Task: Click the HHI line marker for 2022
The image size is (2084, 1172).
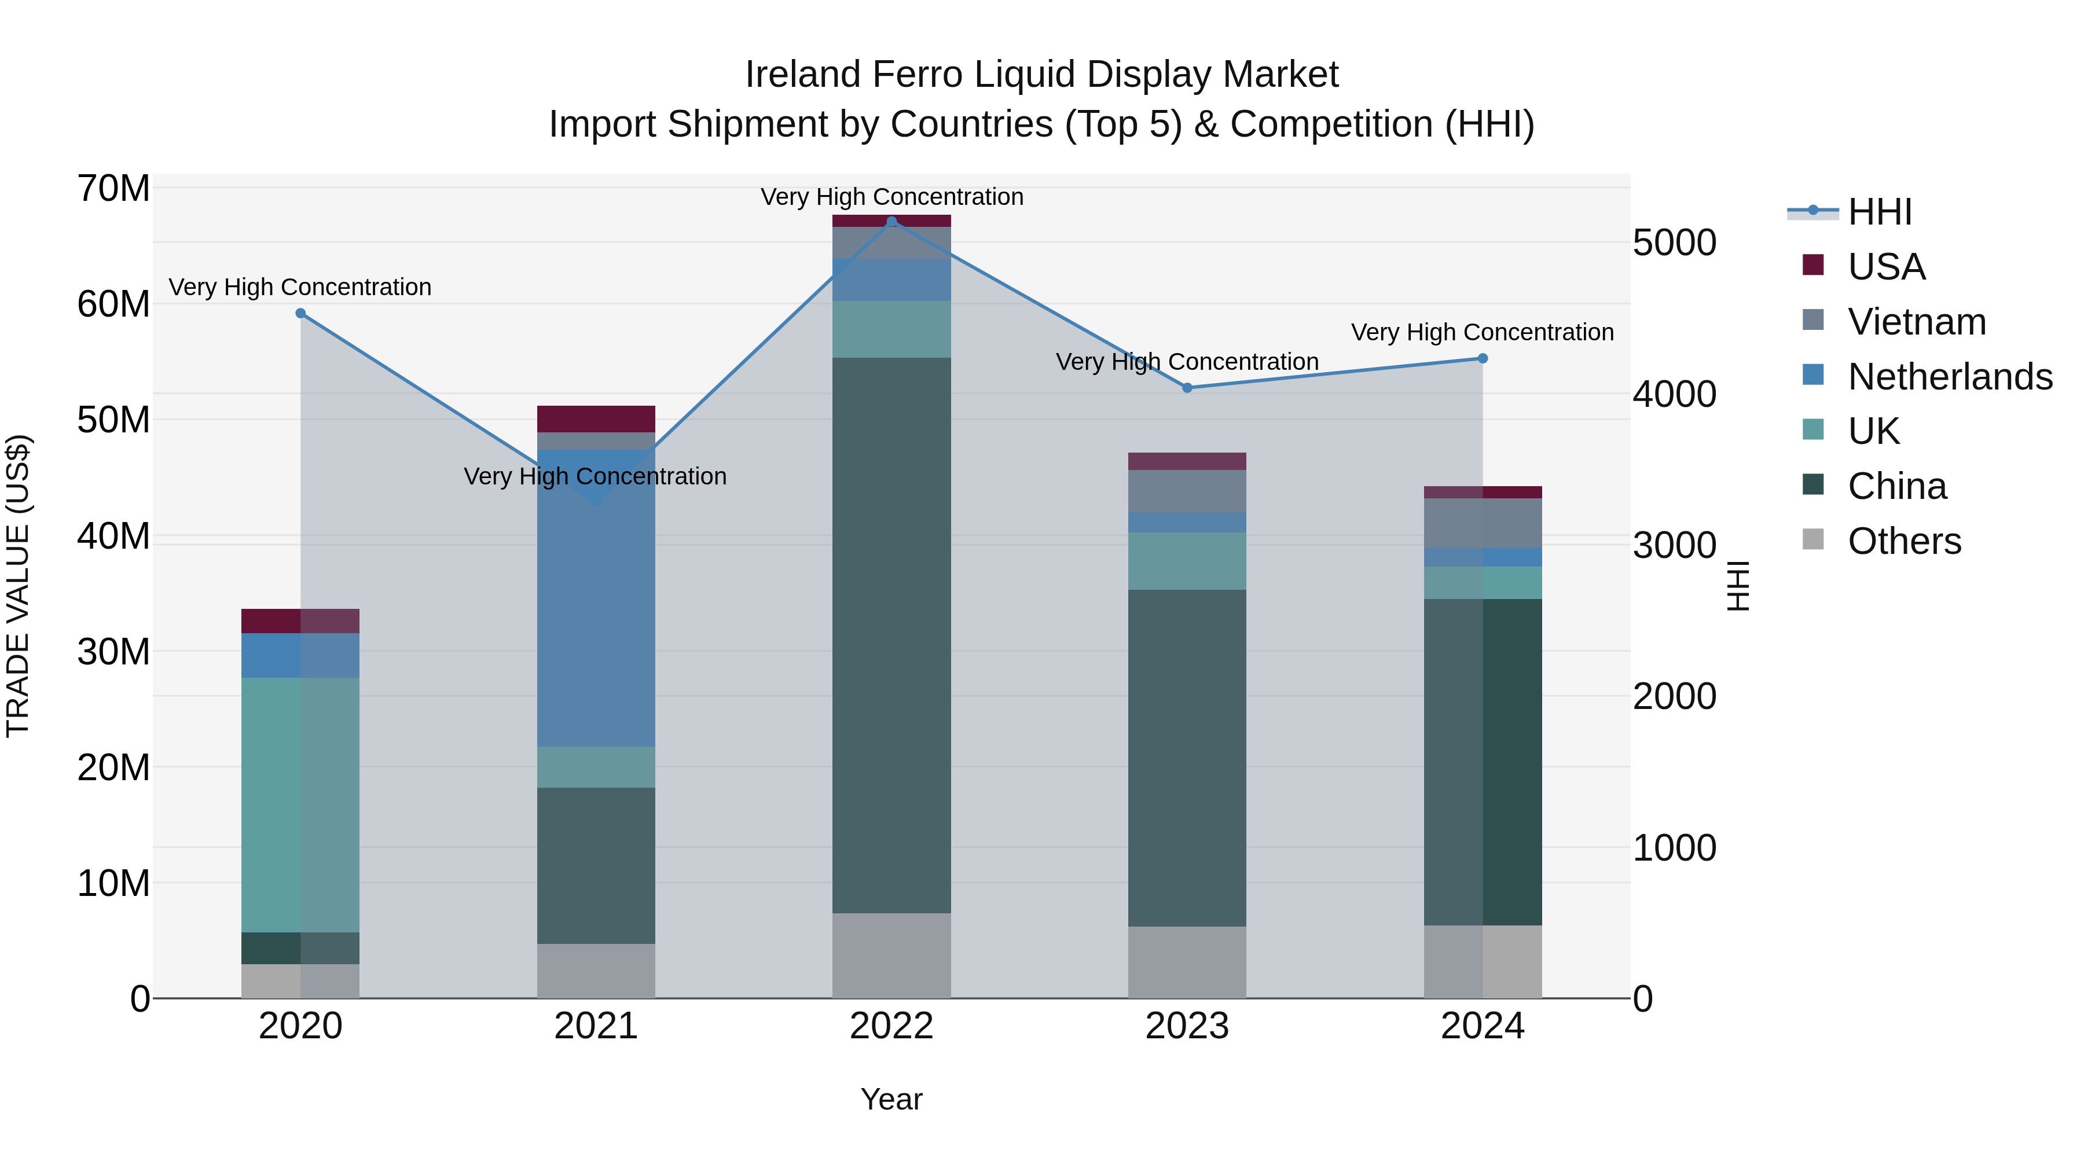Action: pyautogui.click(x=891, y=222)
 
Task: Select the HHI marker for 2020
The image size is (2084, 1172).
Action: pyautogui.click(x=300, y=313)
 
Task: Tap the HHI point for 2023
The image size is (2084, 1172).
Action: pyautogui.click(x=1187, y=388)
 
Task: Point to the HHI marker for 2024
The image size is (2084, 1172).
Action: pyautogui.click(x=1482, y=358)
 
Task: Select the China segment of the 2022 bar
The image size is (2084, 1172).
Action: pyautogui.click(x=891, y=635)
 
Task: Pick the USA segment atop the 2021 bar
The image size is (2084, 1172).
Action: pyautogui.click(x=596, y=419)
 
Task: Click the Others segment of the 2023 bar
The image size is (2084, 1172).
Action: pyautogui.click(x=1187, y=962)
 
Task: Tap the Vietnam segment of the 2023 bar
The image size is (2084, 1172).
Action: pyautogui.click(x=1187, y=491)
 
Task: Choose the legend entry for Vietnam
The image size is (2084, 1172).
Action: pyautogui.click(x=1916, y=322)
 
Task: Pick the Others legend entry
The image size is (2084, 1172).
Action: pyautogui.click(x=1903, y=541)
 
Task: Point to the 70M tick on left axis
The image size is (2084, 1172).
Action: pyautogui.click(x=113, y=189)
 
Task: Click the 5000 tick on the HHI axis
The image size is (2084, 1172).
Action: pyautogui.click(x=1674, y=243)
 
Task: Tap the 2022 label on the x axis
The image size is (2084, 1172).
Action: pyautogui.click(x=891, y=1026)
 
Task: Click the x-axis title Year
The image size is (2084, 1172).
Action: pyautogui.click(x=891, y=1099)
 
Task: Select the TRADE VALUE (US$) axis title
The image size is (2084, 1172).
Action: pyautogui.click(x=18, y=586)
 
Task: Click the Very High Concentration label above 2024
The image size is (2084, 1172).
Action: pyautogui.click(x=1482, y=332)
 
